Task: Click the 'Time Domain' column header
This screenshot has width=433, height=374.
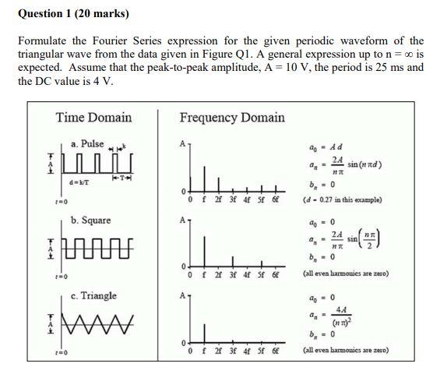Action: pyautogui.click(x=93, y=118)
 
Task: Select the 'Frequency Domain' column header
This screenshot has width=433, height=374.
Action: pyautogui.click(x=232, y=118)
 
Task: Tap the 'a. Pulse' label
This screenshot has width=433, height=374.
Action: pyautogui.click(x=86, y=144)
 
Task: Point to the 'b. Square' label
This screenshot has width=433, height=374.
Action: pyautogui.click(x=90, y=220)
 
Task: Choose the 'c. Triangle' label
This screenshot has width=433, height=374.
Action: pyautogui.click(x=93, y=295)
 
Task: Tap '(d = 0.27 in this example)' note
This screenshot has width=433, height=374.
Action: pyautogui.click(x=342, y=199)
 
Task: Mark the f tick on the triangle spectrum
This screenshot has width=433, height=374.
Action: pyautogui.click(x=204, y=351)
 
